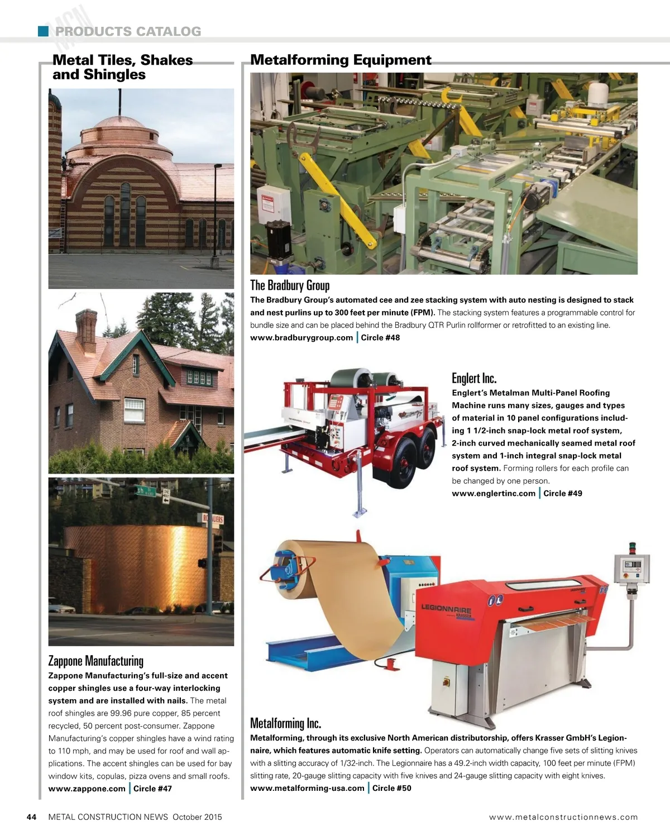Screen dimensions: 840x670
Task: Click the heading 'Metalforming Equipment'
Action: pyautogui.click(x=341, y=60)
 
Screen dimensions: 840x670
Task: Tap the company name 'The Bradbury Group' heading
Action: pyautogui.click(x=290, y=285)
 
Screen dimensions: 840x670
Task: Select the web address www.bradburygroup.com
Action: pyautogui.click(x=301, y=337)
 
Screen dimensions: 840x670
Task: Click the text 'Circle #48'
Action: pyautogui.click(x=380, y=337)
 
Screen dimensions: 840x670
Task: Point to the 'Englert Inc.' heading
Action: pyautogui.click(x=474, y=378)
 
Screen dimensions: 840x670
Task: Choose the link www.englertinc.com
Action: pyautogui.click(x=494, y=493)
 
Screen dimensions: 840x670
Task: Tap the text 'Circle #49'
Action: pyautogui.click(x=563, y=493)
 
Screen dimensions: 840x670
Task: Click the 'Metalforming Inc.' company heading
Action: pyautogui.click(x=285, y=723)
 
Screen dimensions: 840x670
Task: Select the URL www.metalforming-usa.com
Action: pyautogui.click(x=307, y=788)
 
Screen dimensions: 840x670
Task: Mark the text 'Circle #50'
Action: pyautogui.click(x=392, y=788)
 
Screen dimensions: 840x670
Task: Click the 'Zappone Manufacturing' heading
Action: pyautogui.click(x=96, y=661)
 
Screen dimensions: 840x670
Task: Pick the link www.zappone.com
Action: pyautogui.click(x=87, y=789)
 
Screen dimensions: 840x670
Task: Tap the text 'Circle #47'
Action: pyautogui.click(x=152, y=789)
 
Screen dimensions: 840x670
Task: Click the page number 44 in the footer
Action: pyautogui.click(x=32, y=817)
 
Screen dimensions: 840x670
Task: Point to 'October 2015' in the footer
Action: pyautogui.click(x=197, y=817)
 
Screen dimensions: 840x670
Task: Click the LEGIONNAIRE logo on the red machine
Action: pyautogui.click(x=446, y=610)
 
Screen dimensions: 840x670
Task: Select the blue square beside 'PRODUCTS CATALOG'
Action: pyautogui.click(x=44, y=31)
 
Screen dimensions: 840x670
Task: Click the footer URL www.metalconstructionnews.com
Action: pyautogui.click(x=563, y=817)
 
